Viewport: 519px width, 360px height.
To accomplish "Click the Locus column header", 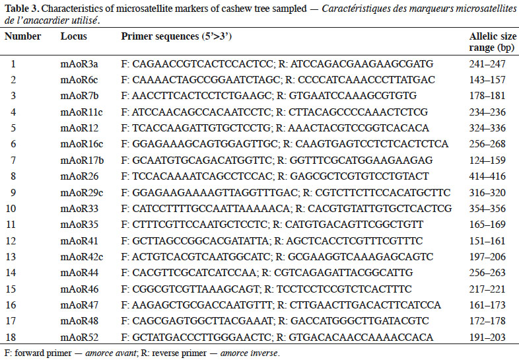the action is [73, 36].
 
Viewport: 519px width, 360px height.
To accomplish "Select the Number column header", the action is [22, 36].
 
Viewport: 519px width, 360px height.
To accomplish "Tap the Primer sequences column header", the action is [176, 36].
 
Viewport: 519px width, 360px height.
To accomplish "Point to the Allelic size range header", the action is [493, 42].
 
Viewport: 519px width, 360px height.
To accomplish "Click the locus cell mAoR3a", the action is [79, 63].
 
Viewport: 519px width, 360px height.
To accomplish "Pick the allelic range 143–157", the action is [487, 80].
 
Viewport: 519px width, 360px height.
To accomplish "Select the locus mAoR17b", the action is [82, 161].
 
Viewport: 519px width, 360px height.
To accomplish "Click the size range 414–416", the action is [487, 176].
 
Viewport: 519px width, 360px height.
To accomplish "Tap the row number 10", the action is [11, 209].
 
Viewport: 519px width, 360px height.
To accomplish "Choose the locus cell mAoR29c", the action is [81, 192].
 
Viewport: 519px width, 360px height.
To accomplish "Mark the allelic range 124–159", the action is [487, 161].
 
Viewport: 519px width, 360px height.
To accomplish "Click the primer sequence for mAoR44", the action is [267, 273].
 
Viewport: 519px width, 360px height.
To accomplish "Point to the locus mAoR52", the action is [79, 337].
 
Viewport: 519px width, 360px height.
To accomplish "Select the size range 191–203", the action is [487, 337].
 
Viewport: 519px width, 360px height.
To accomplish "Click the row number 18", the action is [11, 337].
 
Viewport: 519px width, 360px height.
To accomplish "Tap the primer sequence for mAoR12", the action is [275, 128].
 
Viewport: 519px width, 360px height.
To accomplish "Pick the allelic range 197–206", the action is [487, 257].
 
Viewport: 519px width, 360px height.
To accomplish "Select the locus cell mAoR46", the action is [79, 289].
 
